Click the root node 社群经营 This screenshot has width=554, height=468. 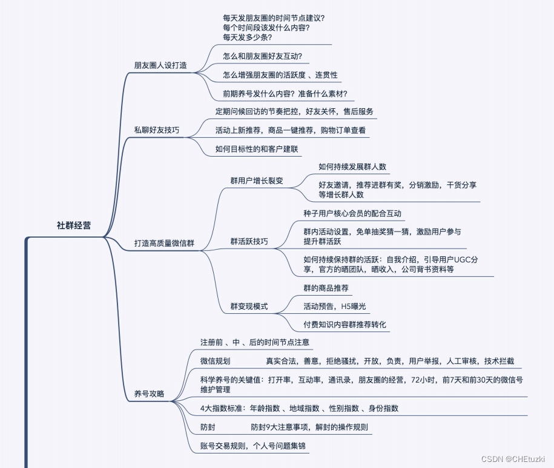[74, 226]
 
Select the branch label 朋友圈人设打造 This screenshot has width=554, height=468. [160, 65]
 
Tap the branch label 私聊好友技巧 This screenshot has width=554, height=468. [156, 130]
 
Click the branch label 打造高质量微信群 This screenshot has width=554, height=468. [168, 243]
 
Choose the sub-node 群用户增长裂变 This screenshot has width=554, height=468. [257, 181]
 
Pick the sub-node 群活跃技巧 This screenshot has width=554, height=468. [249, 242]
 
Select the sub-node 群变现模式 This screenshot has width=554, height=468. [249, 306]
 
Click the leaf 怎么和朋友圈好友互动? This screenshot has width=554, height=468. [262, 56]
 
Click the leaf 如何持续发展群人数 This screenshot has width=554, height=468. [352, 167]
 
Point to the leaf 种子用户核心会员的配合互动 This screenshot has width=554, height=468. [352, 213]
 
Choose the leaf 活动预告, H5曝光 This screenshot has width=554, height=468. [335, 307]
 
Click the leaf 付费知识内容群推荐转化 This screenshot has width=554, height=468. [345, 325]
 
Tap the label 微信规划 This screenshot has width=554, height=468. [216, 361]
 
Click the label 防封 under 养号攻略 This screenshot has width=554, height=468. [208, 427]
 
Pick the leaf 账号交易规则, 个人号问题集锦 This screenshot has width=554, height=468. [254, 446]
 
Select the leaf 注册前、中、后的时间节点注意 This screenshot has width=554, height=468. [256, 342]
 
